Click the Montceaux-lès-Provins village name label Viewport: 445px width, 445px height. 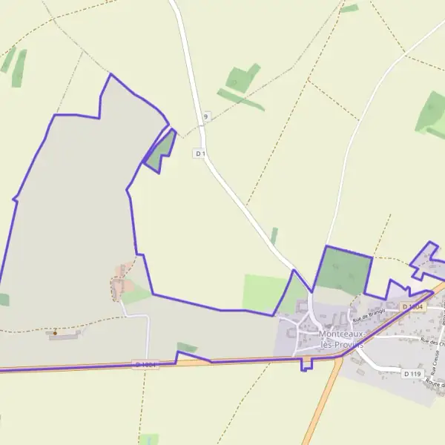[344, 339]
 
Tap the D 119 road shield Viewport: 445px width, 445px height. [413, 374]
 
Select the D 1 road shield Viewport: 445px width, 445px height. [199, 154]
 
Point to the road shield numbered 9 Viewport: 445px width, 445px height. [205, 116]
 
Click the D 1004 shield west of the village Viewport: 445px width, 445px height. [145, 364]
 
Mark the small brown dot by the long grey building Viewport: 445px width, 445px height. [55, 332]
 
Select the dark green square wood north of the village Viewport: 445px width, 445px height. [343, 270]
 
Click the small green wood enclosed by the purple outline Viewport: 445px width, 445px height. [161, 151]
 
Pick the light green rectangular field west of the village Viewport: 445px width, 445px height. [263, 292]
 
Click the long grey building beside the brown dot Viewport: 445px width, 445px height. [65, 335]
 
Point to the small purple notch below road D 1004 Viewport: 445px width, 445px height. [307, 364]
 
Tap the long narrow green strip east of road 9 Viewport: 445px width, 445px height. [241, 99]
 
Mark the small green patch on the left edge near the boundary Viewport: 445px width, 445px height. [4, 300]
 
